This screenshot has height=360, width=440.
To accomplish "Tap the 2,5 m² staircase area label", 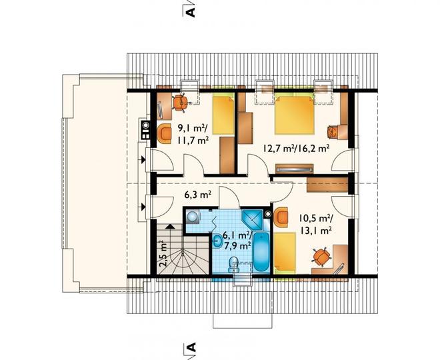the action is pyautogui.click(x=163, y=253).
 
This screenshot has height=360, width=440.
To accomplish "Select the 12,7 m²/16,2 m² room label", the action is pyautogui.click(x=296, y=148).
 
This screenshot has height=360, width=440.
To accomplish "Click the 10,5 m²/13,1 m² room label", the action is pyautogui.click(x=316, y=224).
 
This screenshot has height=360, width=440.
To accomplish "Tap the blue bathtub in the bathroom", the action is pyautogui.click(x=261, y=253).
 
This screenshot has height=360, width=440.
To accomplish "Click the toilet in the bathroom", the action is pyautogui.click(x=233, y=265).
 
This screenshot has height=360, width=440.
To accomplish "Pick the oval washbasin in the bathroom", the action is pyautogui.click(x=217, y=241).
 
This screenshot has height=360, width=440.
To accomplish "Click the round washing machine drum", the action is pyautogui.click(x=192, y=217).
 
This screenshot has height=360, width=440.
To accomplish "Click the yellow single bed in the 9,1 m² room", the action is pyautogui.click(x=223, y=115).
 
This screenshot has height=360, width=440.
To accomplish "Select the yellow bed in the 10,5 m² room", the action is pyautogui.click(x=285, y=253).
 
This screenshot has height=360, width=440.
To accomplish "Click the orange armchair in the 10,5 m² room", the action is pyautogui.click(x=281, y=217).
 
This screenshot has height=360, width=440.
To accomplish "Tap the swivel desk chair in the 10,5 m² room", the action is pyautogui.click(x=321, y=256).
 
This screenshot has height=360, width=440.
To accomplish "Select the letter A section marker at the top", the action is pyautogui.click(x=191, y=13).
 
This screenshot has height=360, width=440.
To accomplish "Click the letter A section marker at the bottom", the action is pyautogui.click(x=191, y=347).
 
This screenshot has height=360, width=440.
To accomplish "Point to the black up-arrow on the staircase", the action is pyautogui.click(x=170, y=227).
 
